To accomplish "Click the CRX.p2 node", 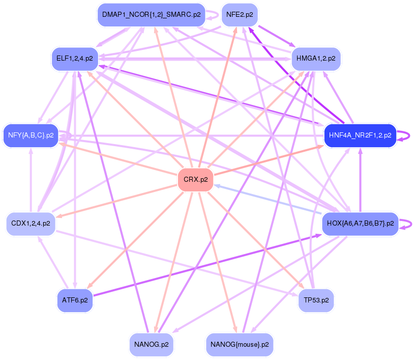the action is [x=195, y=179].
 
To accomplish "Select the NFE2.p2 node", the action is [x=240, y=15].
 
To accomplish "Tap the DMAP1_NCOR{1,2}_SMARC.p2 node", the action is [x=151, y=15].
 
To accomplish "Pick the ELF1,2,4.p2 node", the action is [x=75, y=59].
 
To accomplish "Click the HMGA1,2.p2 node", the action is [x=316, y=59].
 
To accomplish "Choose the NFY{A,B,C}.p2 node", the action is [x=31, y=135].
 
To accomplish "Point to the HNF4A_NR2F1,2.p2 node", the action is [x=360, y=135].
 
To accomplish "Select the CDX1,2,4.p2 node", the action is [x=31, y=224].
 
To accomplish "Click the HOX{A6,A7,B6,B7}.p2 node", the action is [x=360, y=224].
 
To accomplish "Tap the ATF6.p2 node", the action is [x=75, y=300].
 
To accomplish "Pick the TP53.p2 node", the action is [x=316, y=300].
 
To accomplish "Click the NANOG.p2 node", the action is [x=151, y=345].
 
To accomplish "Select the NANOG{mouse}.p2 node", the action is [x=240, y=345].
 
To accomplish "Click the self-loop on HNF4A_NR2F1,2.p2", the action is [x=404, y=135].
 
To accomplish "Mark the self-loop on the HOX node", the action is [x=406, y=224].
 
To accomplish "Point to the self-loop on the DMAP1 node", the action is [x=213, y=15].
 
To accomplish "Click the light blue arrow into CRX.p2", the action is [x=268, y=199].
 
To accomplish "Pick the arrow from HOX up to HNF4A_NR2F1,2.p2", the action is [x=360, y=180].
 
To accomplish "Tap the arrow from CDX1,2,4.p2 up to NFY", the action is [x=31, y=180].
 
